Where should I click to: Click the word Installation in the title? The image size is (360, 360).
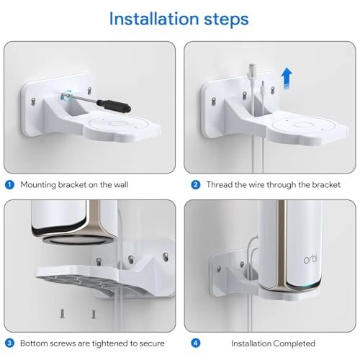pyautogui.click(x=151, y=18)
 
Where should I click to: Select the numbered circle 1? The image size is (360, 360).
pyautogui.click(x=9, y=184)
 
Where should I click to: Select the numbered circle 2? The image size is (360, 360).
pyautogui.click(x=195, y=184)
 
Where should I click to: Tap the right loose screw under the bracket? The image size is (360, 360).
pyautogui.click(x=93, y=315)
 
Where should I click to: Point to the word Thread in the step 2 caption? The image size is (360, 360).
pyautogui.click(x=222, y=184)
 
